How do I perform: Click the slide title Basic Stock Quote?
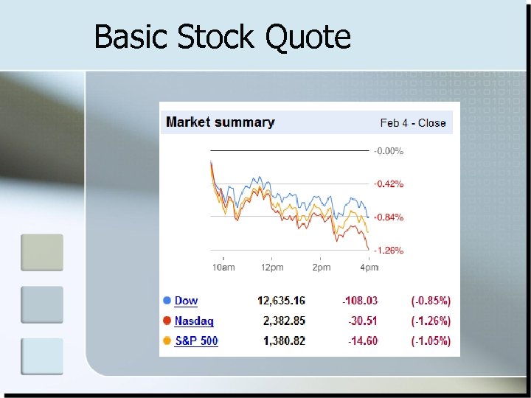click(x=222, y=36)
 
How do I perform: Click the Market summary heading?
click(x=220, y=122)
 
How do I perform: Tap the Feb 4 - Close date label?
click(x=413, y=123)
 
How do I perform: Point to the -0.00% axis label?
click(x=389, y=151)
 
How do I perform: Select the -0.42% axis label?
click(x=389, y=184)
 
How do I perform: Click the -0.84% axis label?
click(x=389, y=217)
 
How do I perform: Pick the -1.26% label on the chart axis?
click(x=389, y=251)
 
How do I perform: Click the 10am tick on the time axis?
click(x=223, y=267)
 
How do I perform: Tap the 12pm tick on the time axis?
click(x=272, y=267)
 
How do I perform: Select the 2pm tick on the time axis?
click(x=322, y=267)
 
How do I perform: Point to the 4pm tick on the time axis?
click(x=369, y=267)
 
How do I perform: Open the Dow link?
click(x=186, y=301)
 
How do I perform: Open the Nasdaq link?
click(x=194, y=321)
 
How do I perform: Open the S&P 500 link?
click(x=196, y=341)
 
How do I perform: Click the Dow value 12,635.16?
click(x=281, y=301)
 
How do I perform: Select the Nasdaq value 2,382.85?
click(x=284, y=321)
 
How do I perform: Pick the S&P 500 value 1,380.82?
click(x=284, y=341)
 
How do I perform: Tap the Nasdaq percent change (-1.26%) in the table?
click(x=431, y=321)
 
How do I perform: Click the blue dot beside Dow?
click(x=167, y=301)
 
